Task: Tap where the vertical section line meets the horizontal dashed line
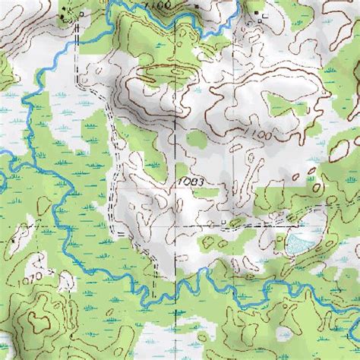[177, 226]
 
